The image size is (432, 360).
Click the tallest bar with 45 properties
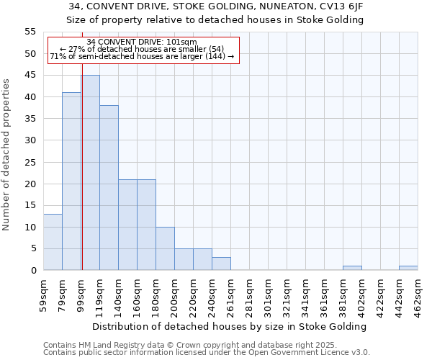[x=90, y=173]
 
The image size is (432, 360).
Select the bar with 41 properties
[x=71, y=181]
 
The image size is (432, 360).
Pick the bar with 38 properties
[x=109, y=188]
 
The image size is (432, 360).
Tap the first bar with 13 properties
[x=53, y=242]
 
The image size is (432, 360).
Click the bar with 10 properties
[x=165, y=248]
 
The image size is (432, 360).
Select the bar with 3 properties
[x=221, y=264]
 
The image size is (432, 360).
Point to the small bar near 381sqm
[x=352, y=268]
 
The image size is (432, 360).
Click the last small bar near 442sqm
[x=408, y=268]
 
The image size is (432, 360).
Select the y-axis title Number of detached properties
[x=6, y=154]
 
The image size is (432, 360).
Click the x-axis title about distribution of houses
[x=230, y=326]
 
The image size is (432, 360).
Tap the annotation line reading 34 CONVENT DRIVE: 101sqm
[x=141, y=42]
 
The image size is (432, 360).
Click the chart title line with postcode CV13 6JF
[x=215, y=6]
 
